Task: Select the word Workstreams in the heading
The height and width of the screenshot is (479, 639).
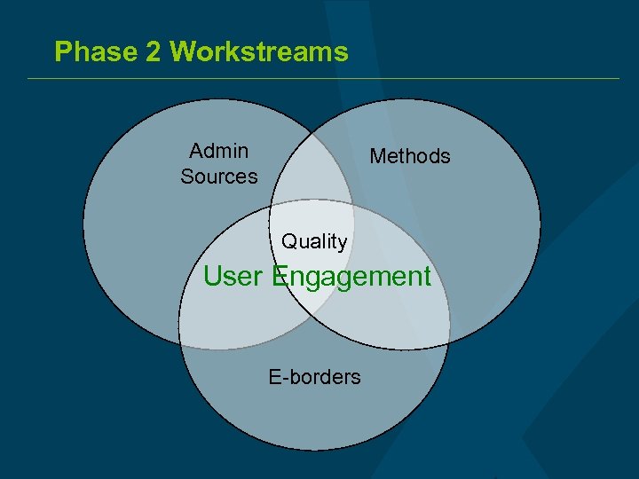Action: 258,51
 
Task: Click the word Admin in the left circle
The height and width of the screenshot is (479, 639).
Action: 219,151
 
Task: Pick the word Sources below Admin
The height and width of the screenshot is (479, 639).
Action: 219,177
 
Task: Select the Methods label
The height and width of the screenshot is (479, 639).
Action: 410,156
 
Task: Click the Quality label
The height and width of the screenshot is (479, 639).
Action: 314,241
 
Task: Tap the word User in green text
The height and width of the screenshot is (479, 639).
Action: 233,276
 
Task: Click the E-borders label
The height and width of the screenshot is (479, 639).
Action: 314,377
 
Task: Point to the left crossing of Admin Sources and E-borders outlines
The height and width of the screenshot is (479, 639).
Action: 179,328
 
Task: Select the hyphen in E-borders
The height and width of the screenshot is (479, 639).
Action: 284,378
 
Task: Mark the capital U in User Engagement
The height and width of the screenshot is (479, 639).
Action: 213,276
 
